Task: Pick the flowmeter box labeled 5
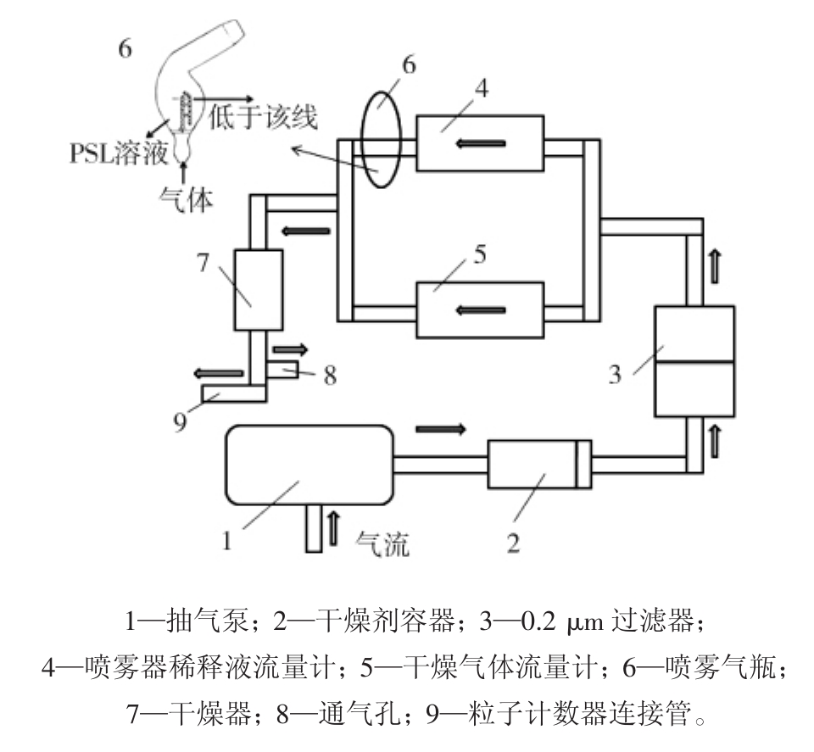tap(480, 310)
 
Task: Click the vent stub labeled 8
tap(282, 369)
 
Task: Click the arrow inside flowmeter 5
tap(480, 310)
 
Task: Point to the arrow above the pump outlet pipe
tap(441, 428)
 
